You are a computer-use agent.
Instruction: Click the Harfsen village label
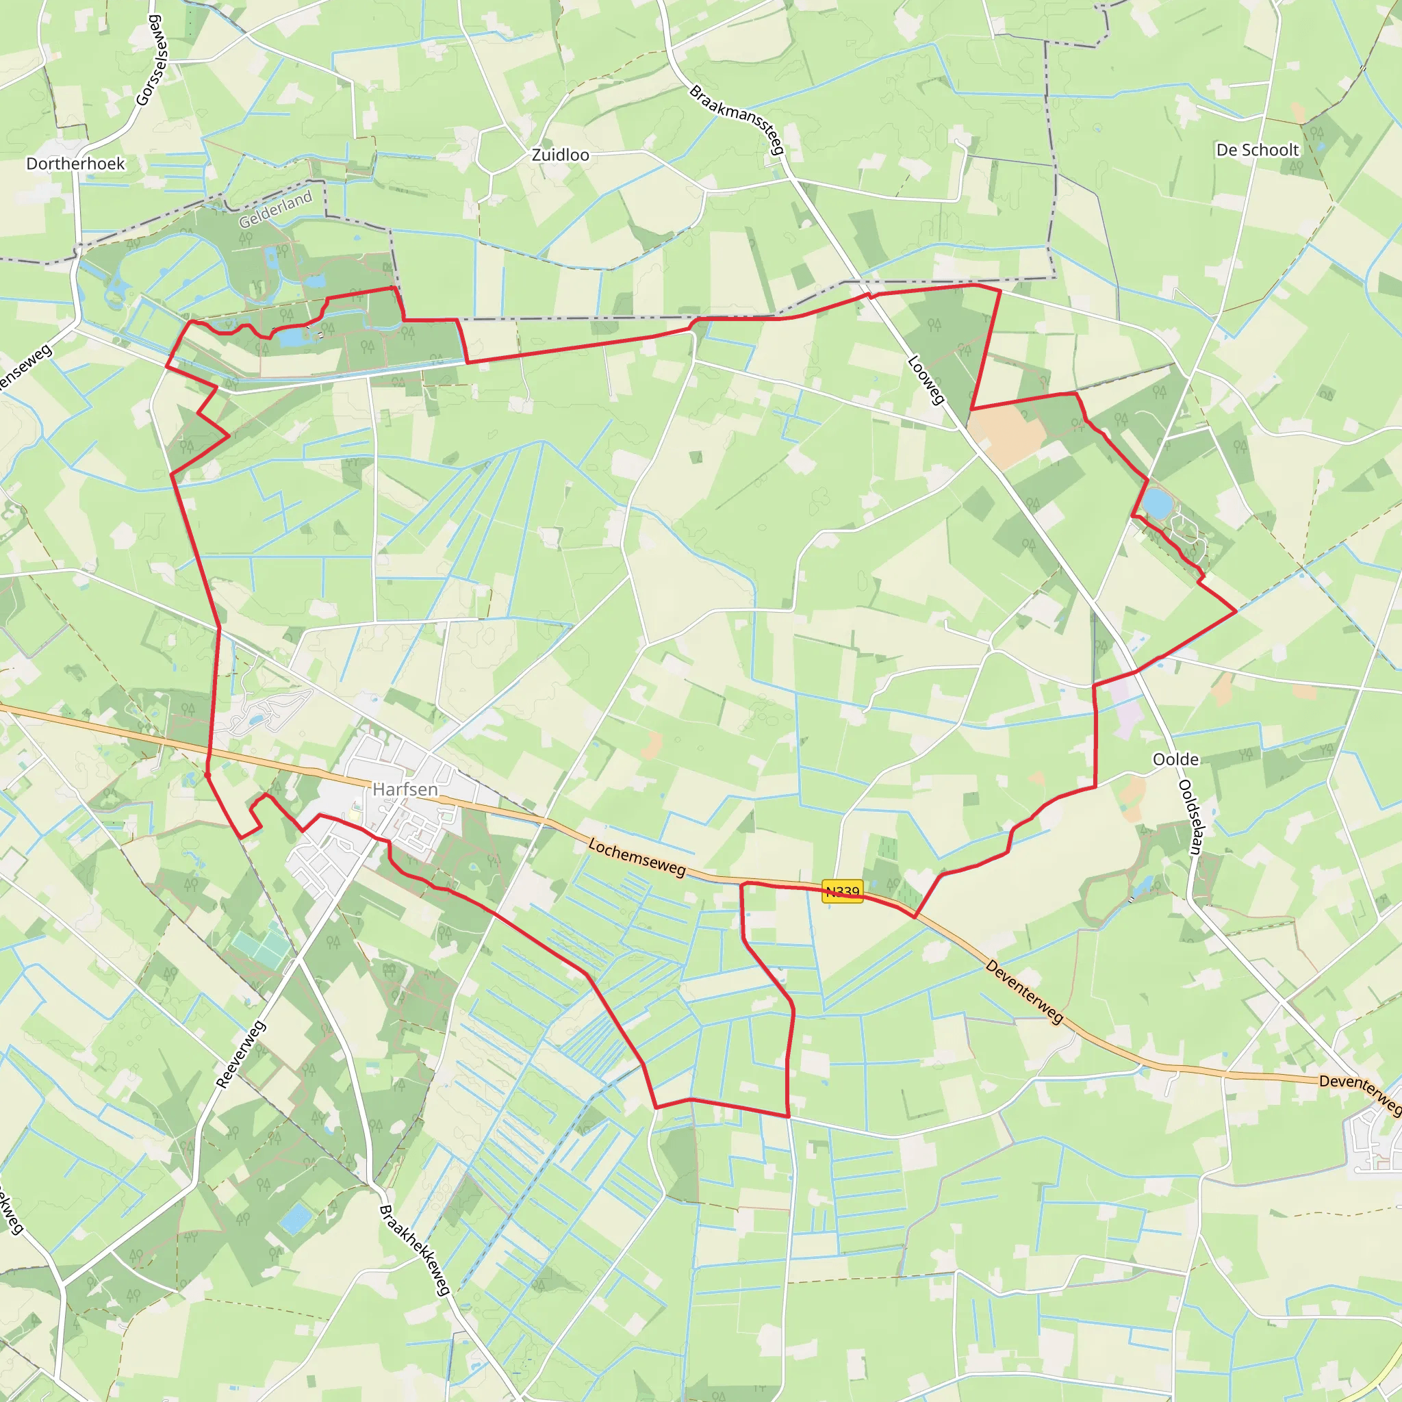405,789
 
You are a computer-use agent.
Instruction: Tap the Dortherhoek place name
75,164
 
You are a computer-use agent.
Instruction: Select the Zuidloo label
560,155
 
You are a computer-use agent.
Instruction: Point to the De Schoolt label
1258,150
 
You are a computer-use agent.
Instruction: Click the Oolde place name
1175,759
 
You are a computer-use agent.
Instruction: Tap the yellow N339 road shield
843,891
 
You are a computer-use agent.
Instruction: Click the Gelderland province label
276,209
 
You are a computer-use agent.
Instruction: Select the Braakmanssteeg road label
737,119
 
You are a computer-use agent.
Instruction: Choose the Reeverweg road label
242,1054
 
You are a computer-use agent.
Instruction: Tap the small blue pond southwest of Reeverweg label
295,1219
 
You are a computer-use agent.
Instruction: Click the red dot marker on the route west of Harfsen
207,775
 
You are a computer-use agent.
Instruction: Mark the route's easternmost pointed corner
1236,612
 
